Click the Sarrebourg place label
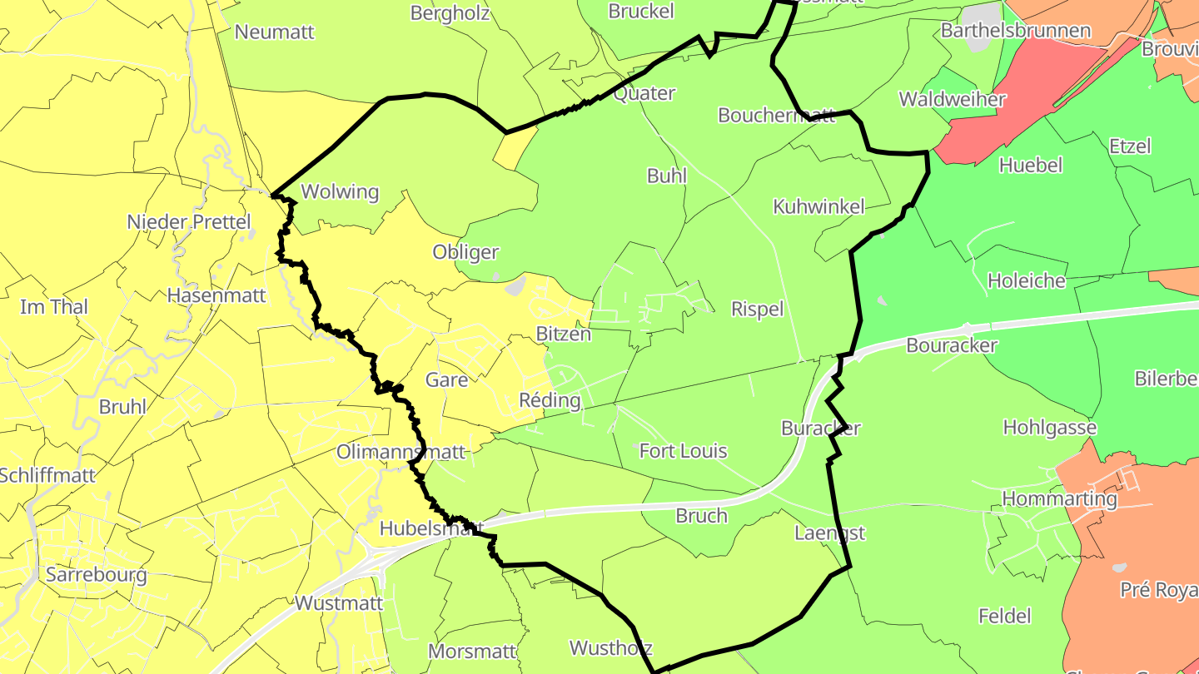pyautogui.click(x=97, y=574)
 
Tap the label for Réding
pyautogui.click(x=550, y=400)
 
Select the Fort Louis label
pyautogui.click(x=683, y=451)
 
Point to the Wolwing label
pyautogui.click(x=340, y=191)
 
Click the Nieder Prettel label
pyautogui.click(x=188, y=222)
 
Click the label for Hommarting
pyautogui.click(x=1060, y=498)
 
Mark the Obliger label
pyautogui.click(x=465, y=252)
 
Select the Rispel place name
pyautogui.click(x=758, y=310)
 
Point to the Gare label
pyautogui.click(x=447, y=380)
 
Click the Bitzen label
pyautogui.click(x=564, y=335)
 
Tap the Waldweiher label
pyautogui.click(x=953, y=100)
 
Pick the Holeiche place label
pyautogui.click(x=1027, y=280)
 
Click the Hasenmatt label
pyautogui.click(x=216, y=295)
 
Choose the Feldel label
pyautogui.click(x=1005, y=617)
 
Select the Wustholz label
pyautogui.click(x=610, y=647)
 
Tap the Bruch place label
pyautogui.click(x=701, y=516)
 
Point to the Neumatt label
pyautogui.click(x=275, y=32)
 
